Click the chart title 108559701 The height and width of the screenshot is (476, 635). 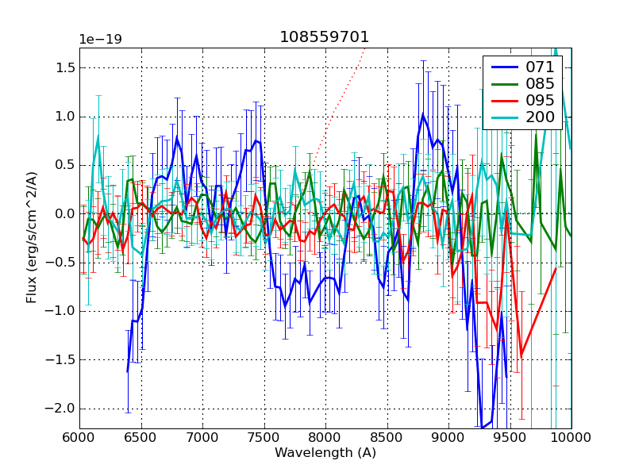(324, 37)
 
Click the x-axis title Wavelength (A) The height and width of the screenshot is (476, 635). (325, 453)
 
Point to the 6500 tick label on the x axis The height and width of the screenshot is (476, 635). (141, 438)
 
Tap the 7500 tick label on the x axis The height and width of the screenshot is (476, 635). (264, 438)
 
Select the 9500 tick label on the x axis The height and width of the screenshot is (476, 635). (510, 438)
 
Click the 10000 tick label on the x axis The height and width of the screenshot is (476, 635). (571, 438)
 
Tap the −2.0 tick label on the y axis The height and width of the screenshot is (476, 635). (60, 409)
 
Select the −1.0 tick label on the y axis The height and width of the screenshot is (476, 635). (60, 311)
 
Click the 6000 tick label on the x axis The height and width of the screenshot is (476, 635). (79, 438)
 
